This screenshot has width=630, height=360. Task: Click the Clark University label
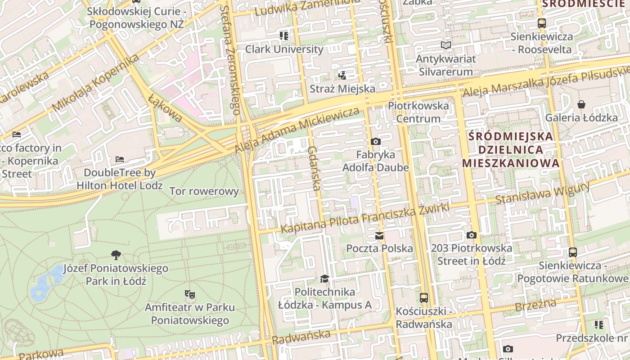(284, 49)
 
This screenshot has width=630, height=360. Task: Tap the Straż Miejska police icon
(342, 75)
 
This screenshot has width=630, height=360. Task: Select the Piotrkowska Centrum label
(418, 112)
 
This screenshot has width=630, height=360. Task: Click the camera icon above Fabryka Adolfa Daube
(375, 142)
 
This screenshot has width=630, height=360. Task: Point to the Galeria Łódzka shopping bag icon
(581, 104)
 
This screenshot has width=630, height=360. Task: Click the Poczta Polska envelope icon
(379, 236)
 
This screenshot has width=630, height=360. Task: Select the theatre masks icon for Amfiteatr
(189, 294)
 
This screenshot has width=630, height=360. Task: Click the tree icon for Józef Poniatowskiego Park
(116, 255)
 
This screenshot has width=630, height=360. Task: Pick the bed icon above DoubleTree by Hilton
(119, 159)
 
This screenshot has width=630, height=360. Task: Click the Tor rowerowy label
(204, 191)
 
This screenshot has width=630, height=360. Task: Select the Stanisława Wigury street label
(542, 193)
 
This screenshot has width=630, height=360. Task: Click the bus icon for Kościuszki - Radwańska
(423, 297)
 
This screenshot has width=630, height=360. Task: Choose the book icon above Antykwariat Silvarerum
(445, 45)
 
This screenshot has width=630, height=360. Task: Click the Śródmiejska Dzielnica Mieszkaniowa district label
(511, 149)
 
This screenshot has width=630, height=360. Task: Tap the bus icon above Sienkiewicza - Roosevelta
(542, 23)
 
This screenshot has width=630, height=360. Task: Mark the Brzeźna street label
(535, 305)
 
